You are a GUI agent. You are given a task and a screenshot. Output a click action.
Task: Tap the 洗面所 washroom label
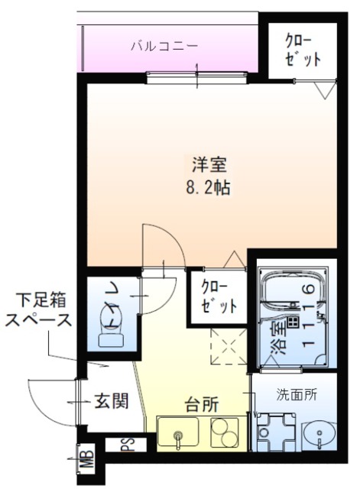point(296,396)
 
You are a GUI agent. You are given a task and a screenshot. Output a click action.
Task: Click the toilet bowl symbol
point(112,334)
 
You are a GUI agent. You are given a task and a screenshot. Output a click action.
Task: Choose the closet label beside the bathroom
point(218,296)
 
